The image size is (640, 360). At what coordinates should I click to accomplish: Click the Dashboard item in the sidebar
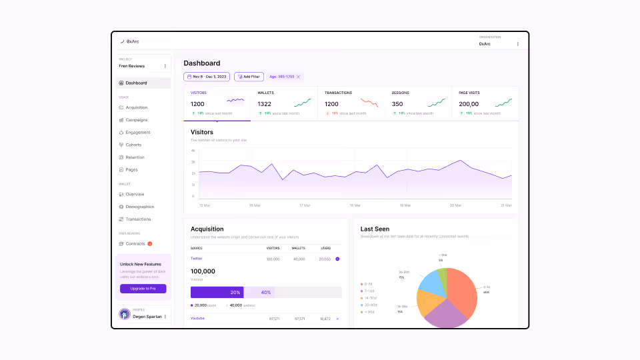pyautogui.click(x=136, y=83)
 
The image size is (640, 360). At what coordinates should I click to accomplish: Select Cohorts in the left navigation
pyautogui.click(x=133, y=145)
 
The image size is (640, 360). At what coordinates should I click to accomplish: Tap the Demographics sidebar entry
pyautogui.click(x=139, y=207)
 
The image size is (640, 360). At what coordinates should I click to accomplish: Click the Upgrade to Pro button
pyautogui.click(x=143, y=289)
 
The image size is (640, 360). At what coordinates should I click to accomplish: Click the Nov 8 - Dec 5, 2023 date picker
pyautogui.click(x=207, y=77)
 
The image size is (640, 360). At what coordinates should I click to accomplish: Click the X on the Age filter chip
pyautogui.click(x=299, y=77)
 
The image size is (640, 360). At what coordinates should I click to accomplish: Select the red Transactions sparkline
pyautogui.click(x=369, y=103)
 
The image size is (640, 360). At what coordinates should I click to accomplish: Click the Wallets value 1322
pyautogui.click(x=264, y=104)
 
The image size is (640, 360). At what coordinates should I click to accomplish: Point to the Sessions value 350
pyautogui.click(x=397, y=104)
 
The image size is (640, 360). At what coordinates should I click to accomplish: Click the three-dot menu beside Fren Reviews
pyautogui.click(x=165, y=66)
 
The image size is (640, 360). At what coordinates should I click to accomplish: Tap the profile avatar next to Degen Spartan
pyautogui.click(x=124, y=314)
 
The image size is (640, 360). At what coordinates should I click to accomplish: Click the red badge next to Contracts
pyautogui.click(x=150, y=244)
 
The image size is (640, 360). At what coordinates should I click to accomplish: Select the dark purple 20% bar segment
pyautogui.click(x=217, y=292)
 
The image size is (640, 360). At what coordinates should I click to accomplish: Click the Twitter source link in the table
pyautogui.click(x=196, y=258)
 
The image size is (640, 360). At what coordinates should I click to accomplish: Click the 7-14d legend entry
pyautogui.click(x=368, y=291)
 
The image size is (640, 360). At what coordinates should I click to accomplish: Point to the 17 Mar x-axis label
pyautogui.click(x=305, y=205)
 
